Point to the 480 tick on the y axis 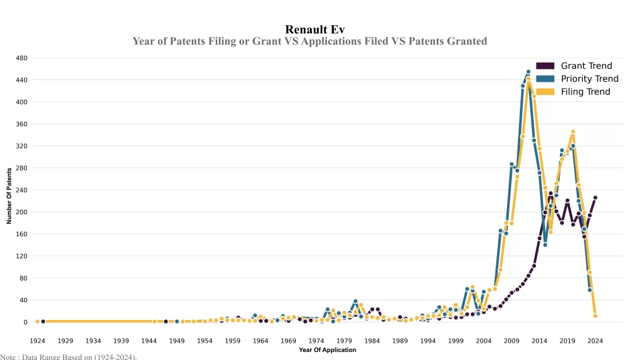point(22,58)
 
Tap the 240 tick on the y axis point(22,190)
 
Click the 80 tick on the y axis point(23,278)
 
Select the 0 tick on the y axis point(25,322)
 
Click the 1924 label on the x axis point(38,340)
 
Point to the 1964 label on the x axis point(260,340)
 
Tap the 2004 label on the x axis point(484,340)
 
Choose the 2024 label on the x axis point(595,340)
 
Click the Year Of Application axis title point(327,350)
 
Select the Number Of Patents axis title point(9,195)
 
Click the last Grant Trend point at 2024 point(595,198)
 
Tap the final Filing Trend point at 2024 point(595,316)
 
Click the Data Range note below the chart point(68,356)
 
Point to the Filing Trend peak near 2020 point(573,132)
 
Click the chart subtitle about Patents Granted point(309,41)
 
